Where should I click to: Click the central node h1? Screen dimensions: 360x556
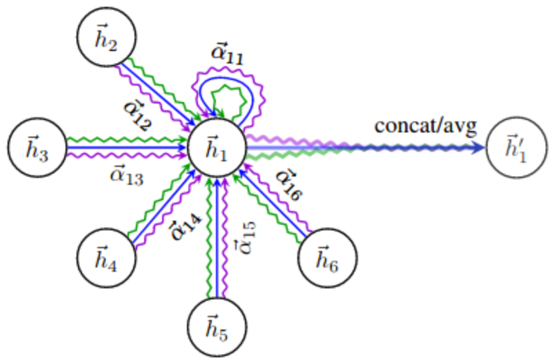[x=219, y=148]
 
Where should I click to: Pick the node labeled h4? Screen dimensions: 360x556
[x=106, y=257]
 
